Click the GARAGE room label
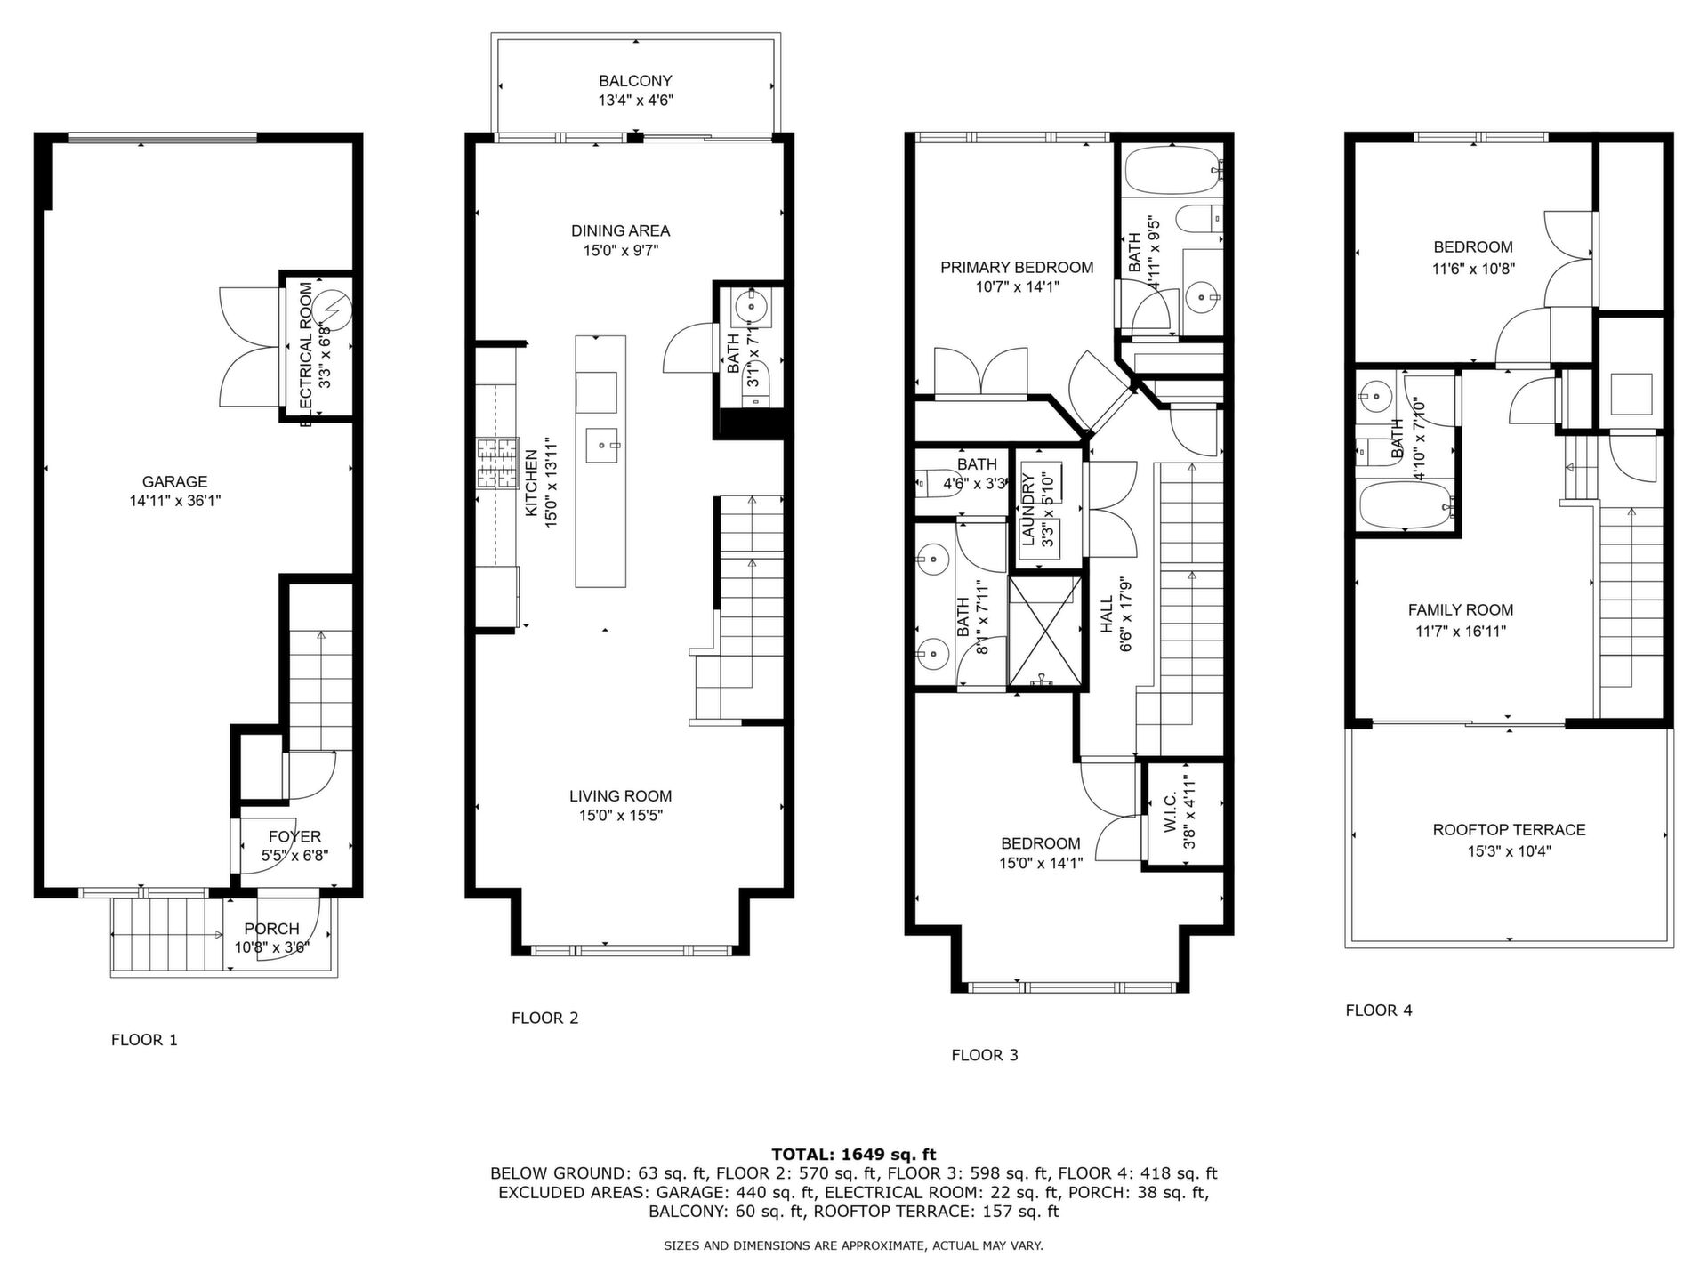pyautogui.click(x=175, y=482)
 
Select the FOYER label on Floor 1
pyautogui.click(x=294, y=836)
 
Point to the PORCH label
pyautogui.click(x=271, y=929)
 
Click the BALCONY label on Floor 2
pyautogui.click(x=635, y=81)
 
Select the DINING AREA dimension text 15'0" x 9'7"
pyautogui.click(x=621, y=251)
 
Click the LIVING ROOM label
pyautogui.click(x=621, y=796)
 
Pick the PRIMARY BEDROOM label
pyautogui.click(x=1017, y=267)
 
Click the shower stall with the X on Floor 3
pyautogui.click(x=1045, y=632)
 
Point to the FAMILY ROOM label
pyautogui.click(x=1461, y=610)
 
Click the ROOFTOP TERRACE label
pyautogui.click(x=1510, y=830)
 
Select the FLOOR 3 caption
pyautogui.click(x=985, y=1055)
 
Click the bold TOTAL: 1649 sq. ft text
pyautogui.click(x=854, y=1155)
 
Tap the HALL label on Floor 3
pyautogui.click(x=1107, y=616)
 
